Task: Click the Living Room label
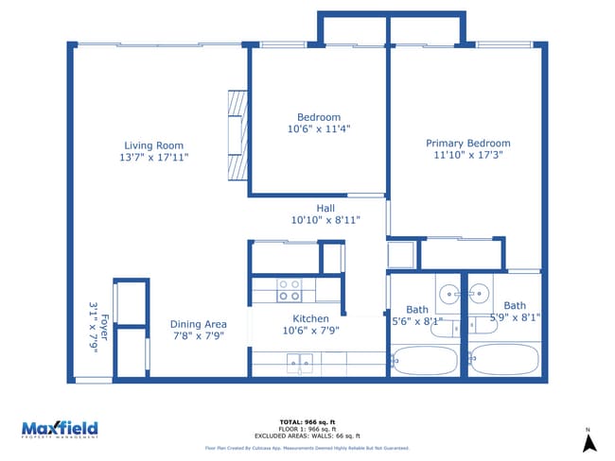153,145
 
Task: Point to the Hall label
325,208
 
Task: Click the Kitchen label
310,318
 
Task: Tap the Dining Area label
199,324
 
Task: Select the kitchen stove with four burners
290,289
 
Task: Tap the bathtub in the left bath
426,361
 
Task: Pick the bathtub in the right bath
504,361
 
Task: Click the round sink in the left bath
448,290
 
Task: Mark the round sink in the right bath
481,290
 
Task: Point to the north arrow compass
588,441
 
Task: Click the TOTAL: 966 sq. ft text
307,422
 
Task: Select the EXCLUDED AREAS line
307,435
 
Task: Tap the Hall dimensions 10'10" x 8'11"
325,220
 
